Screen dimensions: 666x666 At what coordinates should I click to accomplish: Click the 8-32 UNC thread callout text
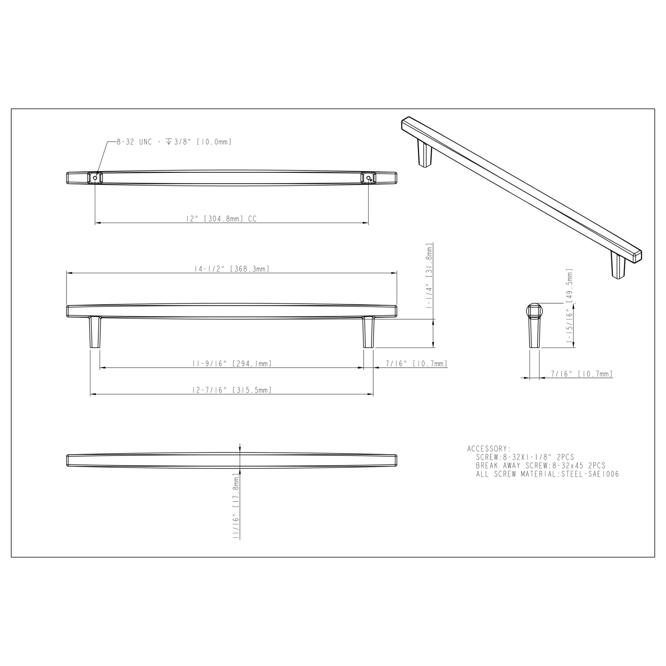[x=174, y=142]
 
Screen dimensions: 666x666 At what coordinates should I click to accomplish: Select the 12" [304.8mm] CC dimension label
[x=222, y=219]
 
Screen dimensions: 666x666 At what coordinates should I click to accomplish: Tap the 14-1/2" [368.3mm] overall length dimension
[x=232, y=269]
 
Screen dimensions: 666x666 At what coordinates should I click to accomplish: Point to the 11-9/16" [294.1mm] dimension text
[x=232, y=363]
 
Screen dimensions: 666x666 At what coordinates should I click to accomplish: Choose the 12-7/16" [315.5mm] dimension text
[x=232, y=390]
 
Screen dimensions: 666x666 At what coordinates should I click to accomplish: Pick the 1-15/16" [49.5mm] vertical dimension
[x=569, y=306]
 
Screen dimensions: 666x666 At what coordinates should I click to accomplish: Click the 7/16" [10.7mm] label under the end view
[x=581, y=374]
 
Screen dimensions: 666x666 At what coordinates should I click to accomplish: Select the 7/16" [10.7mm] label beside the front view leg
[x=417, y=363]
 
